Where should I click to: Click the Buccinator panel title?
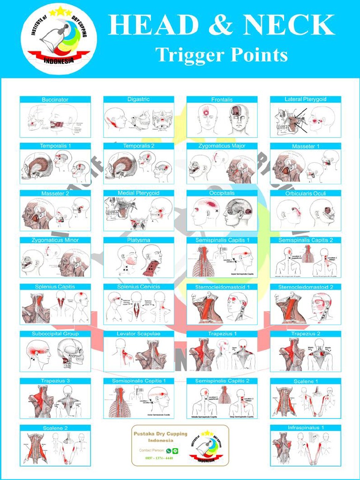[x=55, y=99]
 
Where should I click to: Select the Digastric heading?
[x=138, y=99]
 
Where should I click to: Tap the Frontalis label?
[x=222, y=99]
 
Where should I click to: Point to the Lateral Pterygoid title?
[x=305, y=99]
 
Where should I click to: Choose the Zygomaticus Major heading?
[x=222, y=146]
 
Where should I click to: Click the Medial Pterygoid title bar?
[x=138, y=193]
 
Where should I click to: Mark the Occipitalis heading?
[x=222, y=193]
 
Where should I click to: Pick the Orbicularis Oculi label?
[x=305, y=193]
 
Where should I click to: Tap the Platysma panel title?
[x=138, y=240]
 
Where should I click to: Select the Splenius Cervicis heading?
[x=138, y=287]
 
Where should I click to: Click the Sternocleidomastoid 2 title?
[x=305, y=287]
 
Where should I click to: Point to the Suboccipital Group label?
[x=55, y=334]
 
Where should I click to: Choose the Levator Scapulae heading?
[x=138, y=334]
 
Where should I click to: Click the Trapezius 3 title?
[x=55, y=381]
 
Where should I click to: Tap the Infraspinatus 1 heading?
[x=305, y=427]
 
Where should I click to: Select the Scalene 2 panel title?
[x=55, y=427]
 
